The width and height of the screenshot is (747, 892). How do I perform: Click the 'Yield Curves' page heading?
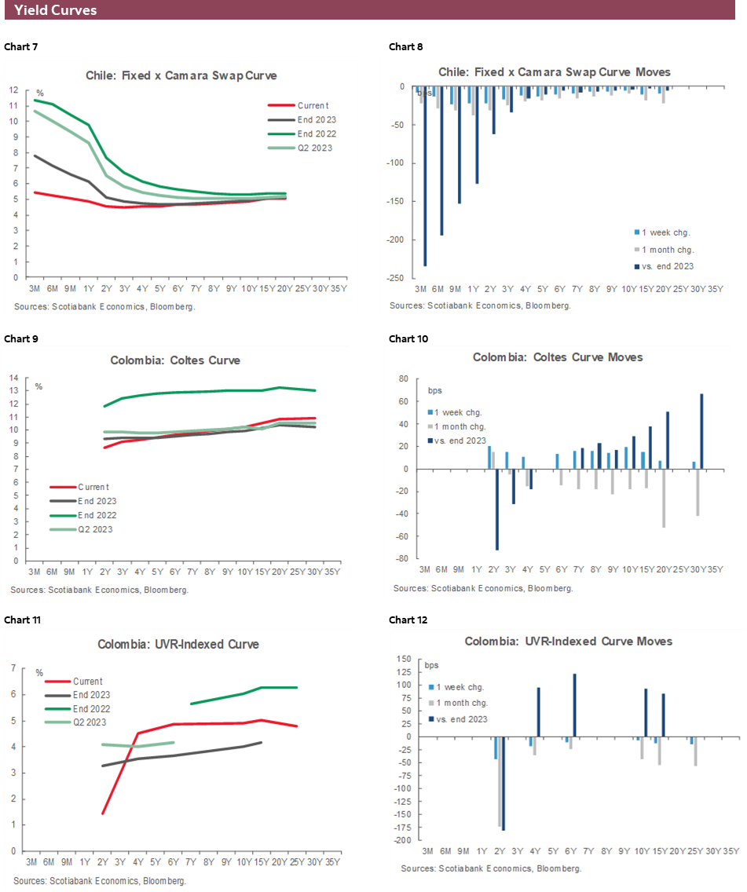(x=56, y=10)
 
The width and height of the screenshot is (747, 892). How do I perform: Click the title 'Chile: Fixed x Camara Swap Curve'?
(x=181, y=75)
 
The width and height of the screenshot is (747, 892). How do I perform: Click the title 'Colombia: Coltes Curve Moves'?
(x=558, y=357)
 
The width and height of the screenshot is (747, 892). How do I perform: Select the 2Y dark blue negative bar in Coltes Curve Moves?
(x=496, y=510)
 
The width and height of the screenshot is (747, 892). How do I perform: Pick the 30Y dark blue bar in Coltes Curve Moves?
(x=701, y=431)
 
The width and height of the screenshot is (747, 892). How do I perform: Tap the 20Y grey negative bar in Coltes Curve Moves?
(x=664, y=498)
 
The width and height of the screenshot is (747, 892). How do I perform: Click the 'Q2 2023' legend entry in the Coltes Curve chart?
(x=94, y=529)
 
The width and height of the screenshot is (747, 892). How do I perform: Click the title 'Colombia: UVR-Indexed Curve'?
(x=178, y=644)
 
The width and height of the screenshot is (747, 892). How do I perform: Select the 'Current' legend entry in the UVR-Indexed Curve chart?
(x=87, y=682)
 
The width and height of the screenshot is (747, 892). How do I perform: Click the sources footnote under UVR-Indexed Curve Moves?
(x=491, y=868)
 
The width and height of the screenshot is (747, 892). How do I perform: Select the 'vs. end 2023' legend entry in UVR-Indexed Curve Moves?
(x=461, y=718)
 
